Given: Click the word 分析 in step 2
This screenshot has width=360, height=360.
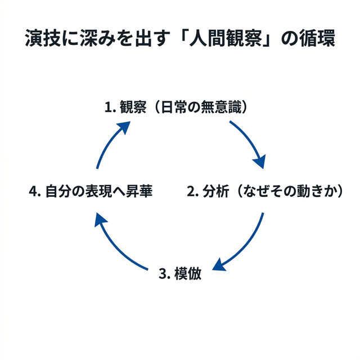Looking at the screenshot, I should pyautogui.click(x=215, y=191).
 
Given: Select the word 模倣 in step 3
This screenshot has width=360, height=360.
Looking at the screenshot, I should pyautogui.click(x=187, y=274).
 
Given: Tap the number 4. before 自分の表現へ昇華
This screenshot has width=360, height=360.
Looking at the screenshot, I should pyautogui.click(x=34, y=191).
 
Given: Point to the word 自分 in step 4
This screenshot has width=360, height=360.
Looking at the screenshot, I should pyautogui.click(x=57, y=191).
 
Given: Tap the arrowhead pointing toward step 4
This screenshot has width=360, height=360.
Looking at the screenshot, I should pyautogui.click(x=102, y=221).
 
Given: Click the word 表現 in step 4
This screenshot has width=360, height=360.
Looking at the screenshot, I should pyautogui.click(x=98, y=191).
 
